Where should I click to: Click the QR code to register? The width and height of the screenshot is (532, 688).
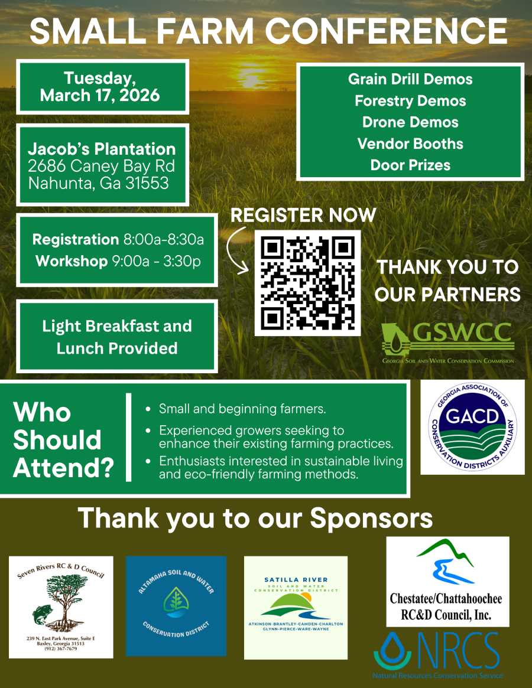307,283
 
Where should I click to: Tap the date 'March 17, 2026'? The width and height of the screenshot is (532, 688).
100,95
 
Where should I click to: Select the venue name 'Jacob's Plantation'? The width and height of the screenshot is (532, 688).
102,149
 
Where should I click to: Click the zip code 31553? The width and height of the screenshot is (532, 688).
147,183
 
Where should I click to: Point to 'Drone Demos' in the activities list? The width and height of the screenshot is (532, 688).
410,122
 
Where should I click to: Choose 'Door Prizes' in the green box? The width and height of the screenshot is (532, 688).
410,165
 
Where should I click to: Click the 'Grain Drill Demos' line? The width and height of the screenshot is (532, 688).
410,79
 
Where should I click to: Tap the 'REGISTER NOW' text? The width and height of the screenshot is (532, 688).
303,215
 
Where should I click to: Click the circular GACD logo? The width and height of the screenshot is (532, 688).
472,426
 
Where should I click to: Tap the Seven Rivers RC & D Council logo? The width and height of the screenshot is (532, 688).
61,607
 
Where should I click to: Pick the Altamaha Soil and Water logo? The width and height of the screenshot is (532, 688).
176,606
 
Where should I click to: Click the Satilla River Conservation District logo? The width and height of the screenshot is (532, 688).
296,607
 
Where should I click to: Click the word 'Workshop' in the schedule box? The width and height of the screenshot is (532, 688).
72,261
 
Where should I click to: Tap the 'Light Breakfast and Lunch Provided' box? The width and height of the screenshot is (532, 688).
117,337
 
